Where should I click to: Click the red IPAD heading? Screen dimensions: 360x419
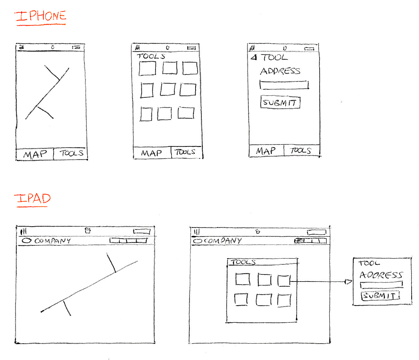coord(32,199)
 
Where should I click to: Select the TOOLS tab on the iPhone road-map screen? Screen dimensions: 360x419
coord(71,154)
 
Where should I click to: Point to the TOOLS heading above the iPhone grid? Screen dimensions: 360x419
coord(151,56)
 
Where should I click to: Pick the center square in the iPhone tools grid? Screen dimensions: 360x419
coord(167,89)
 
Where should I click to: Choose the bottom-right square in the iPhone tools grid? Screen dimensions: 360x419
coord(186,113)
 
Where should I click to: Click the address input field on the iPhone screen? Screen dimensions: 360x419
coord(284,85)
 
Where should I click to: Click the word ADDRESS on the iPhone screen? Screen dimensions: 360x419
coord(280,71)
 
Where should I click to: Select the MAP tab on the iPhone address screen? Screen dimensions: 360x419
coord(266,151)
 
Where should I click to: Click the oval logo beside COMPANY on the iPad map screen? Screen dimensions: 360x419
coord(27,241)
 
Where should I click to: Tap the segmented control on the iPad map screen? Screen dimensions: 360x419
coord(128,241)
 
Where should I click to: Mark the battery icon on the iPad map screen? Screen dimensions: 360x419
coord(142,232)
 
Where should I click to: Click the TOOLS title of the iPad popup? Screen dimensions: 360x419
coord(244,262)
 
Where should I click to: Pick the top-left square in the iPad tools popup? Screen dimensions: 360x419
coord(242,279)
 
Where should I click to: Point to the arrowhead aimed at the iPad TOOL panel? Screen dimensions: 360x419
coord(348,282)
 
